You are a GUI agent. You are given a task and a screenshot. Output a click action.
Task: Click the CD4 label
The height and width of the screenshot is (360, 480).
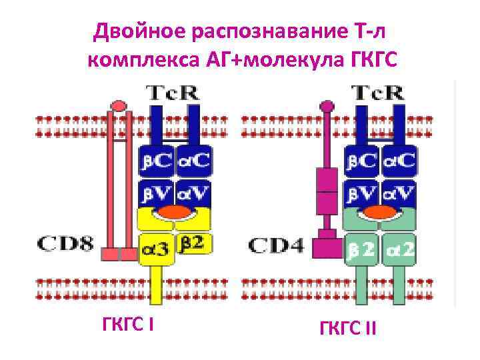(275, 245)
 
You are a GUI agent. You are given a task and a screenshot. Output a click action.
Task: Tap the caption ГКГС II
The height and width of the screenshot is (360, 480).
(347, 327)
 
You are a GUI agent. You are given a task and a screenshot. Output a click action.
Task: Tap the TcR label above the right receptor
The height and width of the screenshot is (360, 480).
(378, 93)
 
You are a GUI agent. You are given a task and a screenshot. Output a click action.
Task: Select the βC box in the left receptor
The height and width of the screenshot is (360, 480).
(156, 161)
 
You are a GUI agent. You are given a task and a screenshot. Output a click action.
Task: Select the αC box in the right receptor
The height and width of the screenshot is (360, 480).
(398, 161)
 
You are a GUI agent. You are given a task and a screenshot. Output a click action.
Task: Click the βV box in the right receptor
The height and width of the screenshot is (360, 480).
(361, 193)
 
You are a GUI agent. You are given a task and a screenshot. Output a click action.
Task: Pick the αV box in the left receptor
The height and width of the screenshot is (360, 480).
(194, 193)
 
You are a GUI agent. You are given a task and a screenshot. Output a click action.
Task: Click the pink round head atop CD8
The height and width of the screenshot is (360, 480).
(119, 105)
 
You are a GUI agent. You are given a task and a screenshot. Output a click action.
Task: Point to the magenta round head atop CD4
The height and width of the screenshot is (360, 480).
(327, 105)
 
